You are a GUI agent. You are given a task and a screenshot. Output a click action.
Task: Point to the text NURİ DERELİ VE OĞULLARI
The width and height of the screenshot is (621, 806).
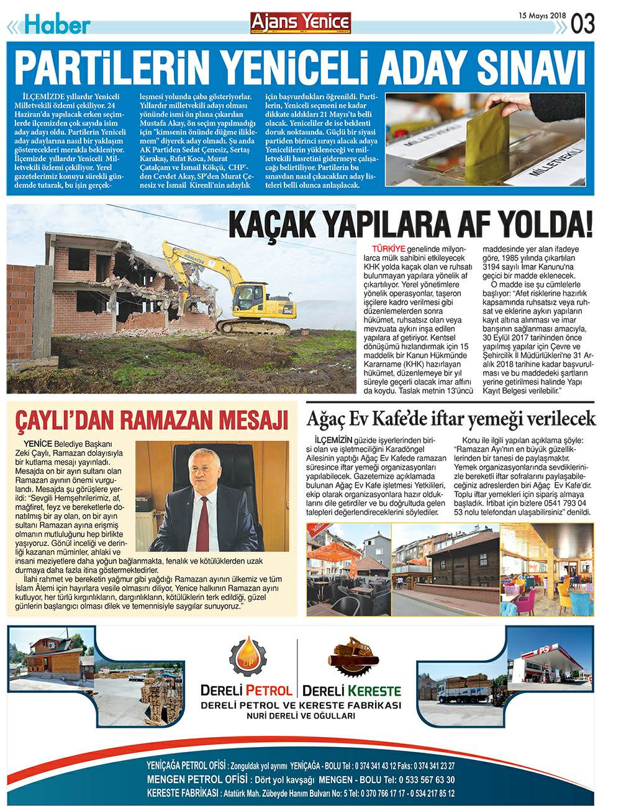[x=301, y=716]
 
